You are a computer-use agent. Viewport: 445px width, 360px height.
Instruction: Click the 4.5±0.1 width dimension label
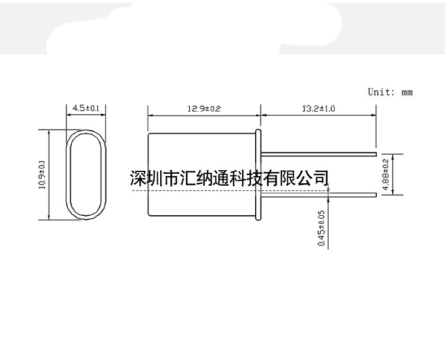85,108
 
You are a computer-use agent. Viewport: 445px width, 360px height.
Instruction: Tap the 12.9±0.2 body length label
204,109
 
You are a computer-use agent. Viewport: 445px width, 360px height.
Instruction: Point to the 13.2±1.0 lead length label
319,109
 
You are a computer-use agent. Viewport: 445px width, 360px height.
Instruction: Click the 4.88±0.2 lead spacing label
386,174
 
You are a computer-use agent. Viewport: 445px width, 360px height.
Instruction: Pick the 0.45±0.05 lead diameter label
322,228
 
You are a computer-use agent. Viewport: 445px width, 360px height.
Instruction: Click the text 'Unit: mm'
390,92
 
